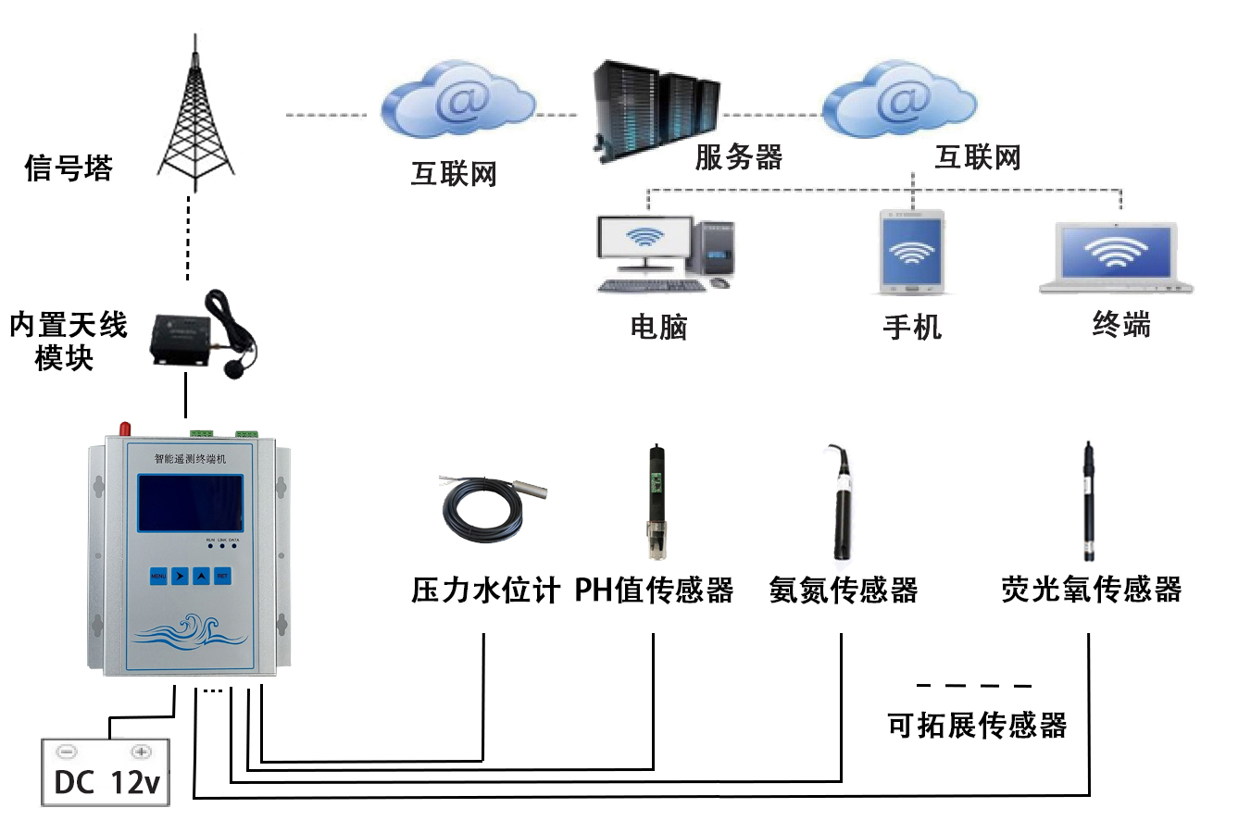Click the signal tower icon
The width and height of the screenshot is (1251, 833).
click(x=195, y=116)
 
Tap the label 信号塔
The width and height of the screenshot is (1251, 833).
click(x=69, y=168)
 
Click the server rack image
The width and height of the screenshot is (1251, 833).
click(x=655, y=109)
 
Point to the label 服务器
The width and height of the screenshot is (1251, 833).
click(x=738, y=157)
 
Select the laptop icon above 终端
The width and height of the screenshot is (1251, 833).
click(x=1116, y=256)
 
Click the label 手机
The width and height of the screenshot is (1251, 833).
click(x=911, y=327)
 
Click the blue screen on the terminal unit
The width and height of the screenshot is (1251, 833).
click(x=191, y=503)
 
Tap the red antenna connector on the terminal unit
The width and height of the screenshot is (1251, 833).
click(x=124, y=429)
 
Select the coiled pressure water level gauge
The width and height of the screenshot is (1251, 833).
click(x=488, y=508)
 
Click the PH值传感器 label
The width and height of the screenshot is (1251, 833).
click(x=654, y=590)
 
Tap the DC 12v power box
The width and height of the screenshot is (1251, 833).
click(x=106, y=773)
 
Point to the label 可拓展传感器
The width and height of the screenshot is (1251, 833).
click(x=976, y=725)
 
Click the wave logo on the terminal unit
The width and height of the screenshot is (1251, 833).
click(x=189, y=632)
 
